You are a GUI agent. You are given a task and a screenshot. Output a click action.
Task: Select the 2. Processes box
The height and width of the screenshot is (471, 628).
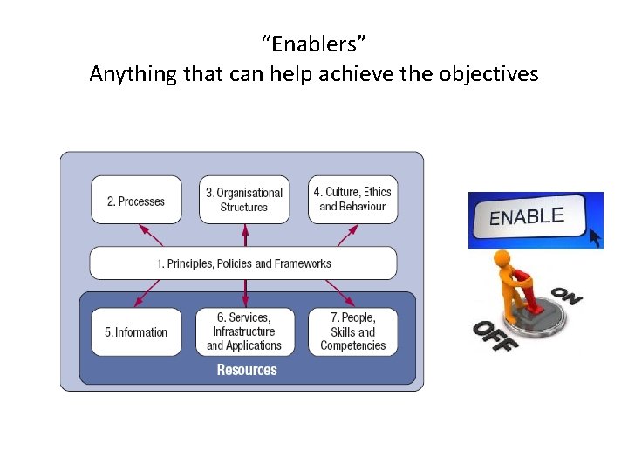[136, 201]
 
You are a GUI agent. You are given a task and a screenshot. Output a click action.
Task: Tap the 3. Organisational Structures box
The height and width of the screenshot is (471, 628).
[244, 200]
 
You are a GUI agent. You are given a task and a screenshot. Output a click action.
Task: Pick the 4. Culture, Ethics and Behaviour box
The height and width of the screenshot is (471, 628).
[352, 200]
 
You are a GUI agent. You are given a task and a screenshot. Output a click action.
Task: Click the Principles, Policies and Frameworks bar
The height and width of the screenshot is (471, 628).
[243, 263]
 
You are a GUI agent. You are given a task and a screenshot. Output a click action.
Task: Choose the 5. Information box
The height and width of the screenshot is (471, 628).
[136, 332]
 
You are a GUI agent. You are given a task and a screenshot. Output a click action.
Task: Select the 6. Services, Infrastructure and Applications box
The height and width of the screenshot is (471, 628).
[244, 331]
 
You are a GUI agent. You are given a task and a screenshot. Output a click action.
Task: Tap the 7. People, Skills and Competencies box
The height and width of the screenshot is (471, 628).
[352, 331]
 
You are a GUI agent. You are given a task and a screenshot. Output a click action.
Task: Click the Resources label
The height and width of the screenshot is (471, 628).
[247, 370]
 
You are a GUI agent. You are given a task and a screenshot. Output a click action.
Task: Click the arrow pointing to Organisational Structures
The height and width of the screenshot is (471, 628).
[245, 235]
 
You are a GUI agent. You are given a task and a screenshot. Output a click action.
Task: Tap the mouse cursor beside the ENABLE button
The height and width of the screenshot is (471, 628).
[595, 236]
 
